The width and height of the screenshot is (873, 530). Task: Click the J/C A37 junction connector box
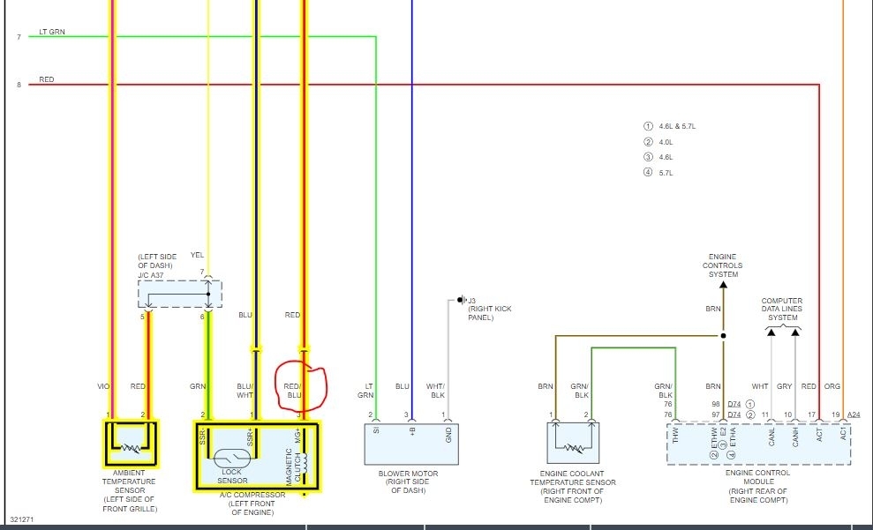(179, 295)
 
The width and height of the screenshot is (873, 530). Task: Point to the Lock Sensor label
(231, 476)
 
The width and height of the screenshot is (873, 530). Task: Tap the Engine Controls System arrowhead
(723, 284)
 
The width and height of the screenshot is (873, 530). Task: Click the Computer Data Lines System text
(782, 310)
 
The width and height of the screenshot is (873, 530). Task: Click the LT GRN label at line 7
(52, 33)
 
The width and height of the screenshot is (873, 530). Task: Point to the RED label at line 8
(47, 80)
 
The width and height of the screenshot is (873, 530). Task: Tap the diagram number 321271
(21, 520)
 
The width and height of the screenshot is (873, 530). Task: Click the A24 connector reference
(854, 414)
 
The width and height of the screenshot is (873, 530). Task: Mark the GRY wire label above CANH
(784, 385)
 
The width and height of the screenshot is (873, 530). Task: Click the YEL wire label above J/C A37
(197, 256)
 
